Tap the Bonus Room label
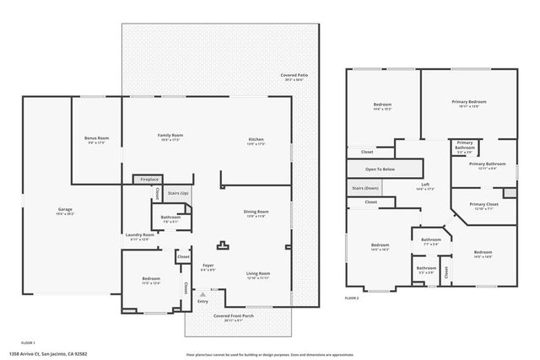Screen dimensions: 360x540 tap(96, 140)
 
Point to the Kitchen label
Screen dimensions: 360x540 tap(256, 141)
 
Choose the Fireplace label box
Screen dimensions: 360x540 tap(149, 180)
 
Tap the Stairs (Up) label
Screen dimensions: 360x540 tap(177, 193)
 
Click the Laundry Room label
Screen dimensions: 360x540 tap(140, 237)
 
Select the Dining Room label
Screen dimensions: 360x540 tap(256, 213)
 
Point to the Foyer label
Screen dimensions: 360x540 tap(208, 267)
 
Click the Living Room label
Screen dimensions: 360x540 tap(257, 275)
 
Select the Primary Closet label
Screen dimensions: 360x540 tap(484, 206)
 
